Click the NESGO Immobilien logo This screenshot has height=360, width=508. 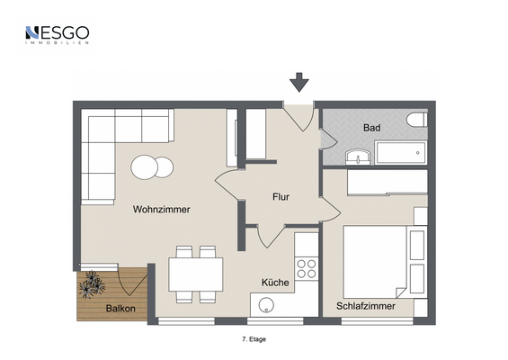57,35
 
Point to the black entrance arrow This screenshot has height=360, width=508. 299,82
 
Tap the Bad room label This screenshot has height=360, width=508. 371,128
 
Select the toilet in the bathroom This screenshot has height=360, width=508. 417,120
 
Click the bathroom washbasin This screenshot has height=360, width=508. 358,157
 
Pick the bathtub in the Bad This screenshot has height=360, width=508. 401,152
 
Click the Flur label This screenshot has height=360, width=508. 281,197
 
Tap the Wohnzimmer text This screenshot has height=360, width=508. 161,209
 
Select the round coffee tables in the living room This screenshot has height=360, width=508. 152,167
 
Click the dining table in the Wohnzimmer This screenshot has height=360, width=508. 196,274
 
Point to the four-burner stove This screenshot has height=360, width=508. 307,269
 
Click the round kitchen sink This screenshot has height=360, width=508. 266,305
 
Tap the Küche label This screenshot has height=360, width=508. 275,283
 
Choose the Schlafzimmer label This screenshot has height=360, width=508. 366,306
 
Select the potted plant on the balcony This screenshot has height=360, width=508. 92,284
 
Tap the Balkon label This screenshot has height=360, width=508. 120,309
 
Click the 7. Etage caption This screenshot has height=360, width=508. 254,339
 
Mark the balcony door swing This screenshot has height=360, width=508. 132,282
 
